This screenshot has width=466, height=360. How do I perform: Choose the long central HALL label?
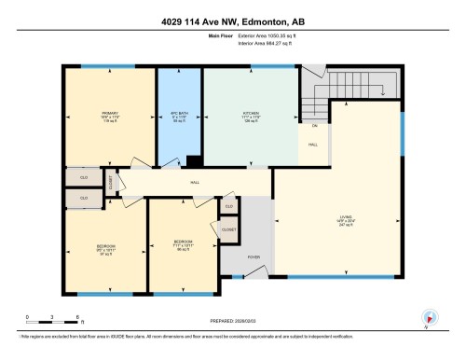[x=195, y=183]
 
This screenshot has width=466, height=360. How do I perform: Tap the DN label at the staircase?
[x=314, y=124]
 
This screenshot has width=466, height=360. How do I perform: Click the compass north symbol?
[x=428, y=316]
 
